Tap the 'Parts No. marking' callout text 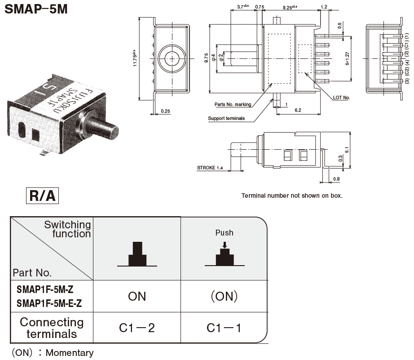[233, 104]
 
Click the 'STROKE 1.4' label [210, 168]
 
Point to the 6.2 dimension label [298, 110]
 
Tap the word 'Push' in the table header [224, 232]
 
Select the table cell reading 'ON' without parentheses [137, 296]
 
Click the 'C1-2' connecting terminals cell [137, 328]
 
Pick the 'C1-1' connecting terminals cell [224, 328]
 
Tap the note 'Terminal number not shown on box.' [292, 196]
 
